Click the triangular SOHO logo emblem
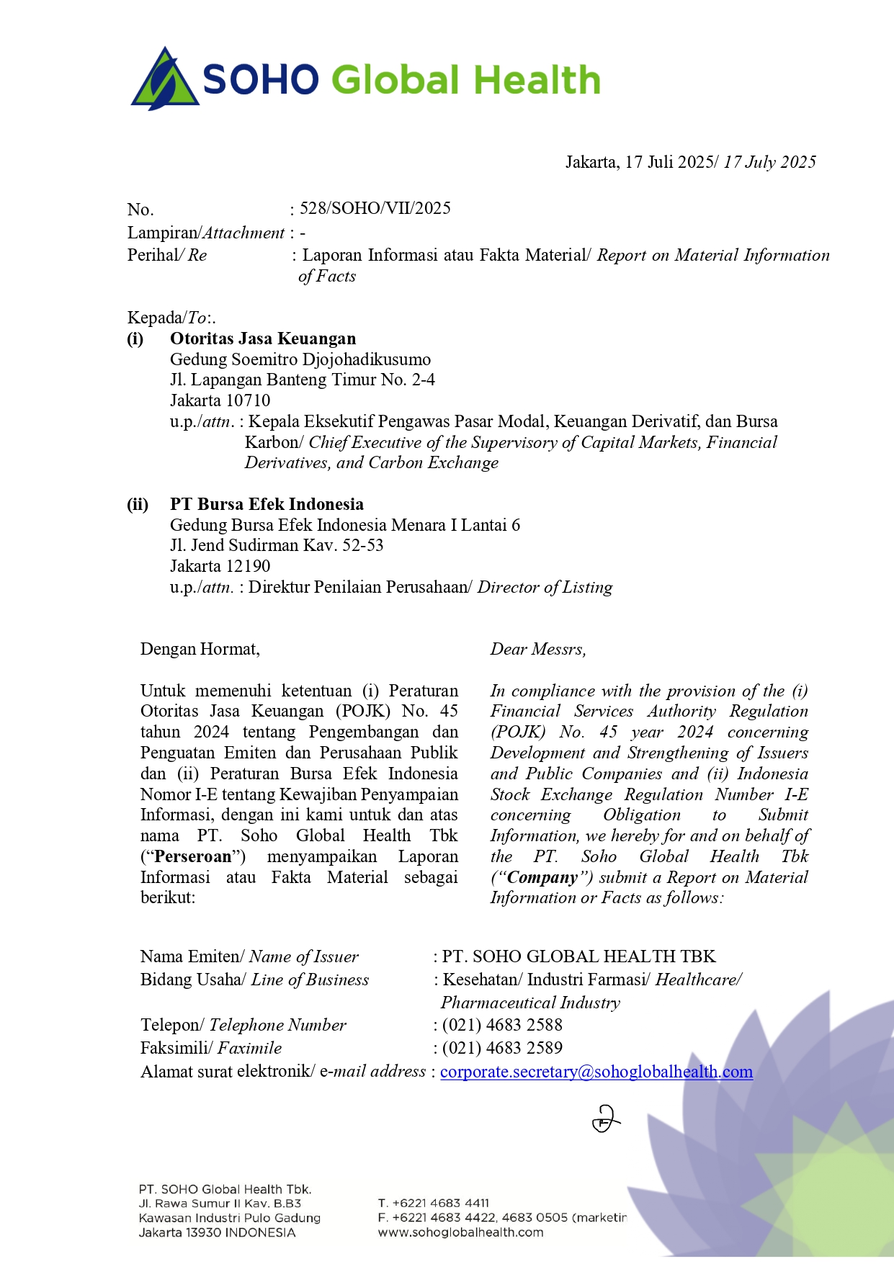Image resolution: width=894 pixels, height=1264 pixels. coord(164,79)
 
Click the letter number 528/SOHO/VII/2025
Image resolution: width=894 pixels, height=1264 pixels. coord(375,209)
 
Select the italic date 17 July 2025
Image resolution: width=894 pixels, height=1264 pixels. coord(769,162)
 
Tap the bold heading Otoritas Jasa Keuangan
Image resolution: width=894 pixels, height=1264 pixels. coord(263,339)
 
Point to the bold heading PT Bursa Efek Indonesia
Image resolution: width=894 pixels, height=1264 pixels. coord(267,504)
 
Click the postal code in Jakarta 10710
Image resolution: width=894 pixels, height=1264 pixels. coord(248,400)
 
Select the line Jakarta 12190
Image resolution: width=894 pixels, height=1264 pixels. coord(220,566)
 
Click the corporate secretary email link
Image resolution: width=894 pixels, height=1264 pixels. coord(596,1072)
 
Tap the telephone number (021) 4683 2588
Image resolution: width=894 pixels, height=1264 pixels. coord(502,1025)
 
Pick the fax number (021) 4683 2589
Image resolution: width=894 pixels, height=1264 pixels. coord(502,1048)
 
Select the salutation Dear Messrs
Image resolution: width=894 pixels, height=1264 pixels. coord(538,650)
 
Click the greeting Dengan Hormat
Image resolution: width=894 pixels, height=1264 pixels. coord(200,650)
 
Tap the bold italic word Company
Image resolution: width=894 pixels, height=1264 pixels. coord(542,877)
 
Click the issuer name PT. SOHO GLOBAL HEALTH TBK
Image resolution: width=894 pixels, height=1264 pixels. coord(579,956)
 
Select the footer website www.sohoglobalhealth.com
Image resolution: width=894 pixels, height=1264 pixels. coord(461,1232)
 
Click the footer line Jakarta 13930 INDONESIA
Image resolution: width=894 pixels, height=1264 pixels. coord(217,1232)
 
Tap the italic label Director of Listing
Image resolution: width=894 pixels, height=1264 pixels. coord(545,587)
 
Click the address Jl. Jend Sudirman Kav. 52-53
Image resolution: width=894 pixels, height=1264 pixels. coord(277,545)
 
